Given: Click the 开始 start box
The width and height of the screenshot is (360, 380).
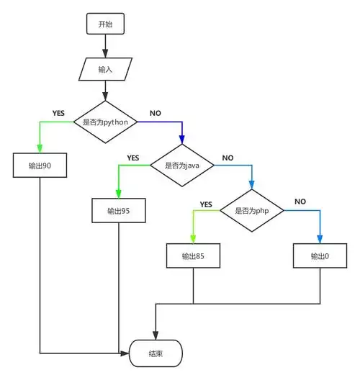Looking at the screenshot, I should (105, 24).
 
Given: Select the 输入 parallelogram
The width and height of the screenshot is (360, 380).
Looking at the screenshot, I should (105, 70).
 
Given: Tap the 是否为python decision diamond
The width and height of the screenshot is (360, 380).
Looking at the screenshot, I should (106, 122).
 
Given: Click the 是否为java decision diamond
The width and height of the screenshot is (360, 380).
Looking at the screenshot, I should (181, 166).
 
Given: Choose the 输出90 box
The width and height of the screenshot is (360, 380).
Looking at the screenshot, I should (40, 166).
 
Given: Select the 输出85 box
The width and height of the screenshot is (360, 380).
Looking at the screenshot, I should (192, 256).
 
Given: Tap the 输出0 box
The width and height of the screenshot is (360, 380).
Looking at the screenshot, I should (320, 256).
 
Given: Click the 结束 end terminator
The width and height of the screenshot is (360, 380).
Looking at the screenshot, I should (156, 353).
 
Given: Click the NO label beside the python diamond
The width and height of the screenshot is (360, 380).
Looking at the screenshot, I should (155, 113).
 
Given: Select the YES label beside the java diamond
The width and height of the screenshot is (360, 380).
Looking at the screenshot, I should (133, 158).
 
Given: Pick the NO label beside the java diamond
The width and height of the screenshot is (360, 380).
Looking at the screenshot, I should (228, 158).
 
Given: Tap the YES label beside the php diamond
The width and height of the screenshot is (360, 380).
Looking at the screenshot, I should (206, 203).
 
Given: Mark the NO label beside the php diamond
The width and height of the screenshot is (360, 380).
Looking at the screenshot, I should (300, 202).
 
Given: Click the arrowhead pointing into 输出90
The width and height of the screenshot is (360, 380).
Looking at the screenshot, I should (40, 148).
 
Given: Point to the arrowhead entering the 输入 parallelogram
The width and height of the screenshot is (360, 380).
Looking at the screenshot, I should (105, 55).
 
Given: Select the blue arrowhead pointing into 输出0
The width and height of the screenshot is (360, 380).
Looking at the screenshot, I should (320, 239).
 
